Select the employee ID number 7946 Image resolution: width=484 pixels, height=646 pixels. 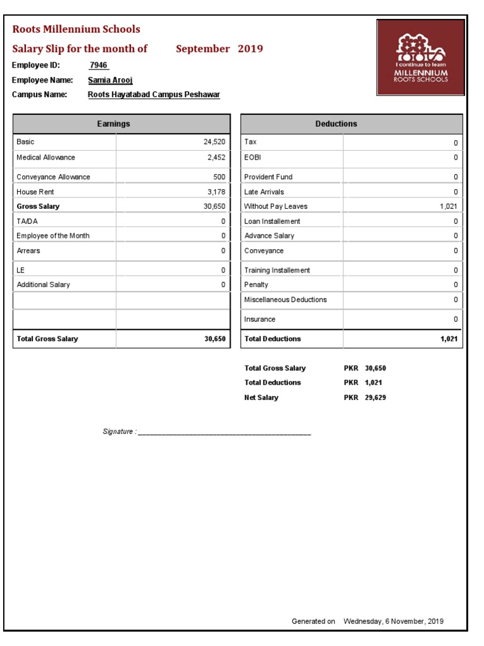pos(99,65)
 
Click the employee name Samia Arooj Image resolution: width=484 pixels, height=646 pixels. pos(110,80)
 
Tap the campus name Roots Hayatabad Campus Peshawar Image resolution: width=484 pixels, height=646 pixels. pos(154,95)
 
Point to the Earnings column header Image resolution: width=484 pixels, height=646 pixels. pos(113,124)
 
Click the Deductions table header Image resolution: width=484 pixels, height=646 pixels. pos(336,124)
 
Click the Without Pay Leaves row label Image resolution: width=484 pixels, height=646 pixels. pos(276,206)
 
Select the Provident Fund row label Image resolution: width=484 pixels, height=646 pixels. pos(268,177)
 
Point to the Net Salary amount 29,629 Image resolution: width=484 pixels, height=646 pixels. pos(375,397)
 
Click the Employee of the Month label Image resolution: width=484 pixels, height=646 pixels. pos(53,235)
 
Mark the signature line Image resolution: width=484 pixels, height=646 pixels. pos(224,433)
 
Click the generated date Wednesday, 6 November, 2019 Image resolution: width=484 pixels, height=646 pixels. pos(393,621)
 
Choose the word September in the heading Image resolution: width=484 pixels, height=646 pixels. pos(203,49)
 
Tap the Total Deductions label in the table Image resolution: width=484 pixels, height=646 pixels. pos(273,339)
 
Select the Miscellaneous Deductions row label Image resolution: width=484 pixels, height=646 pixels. pos(285,300)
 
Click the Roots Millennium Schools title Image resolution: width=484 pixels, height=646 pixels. pos(76,29)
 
